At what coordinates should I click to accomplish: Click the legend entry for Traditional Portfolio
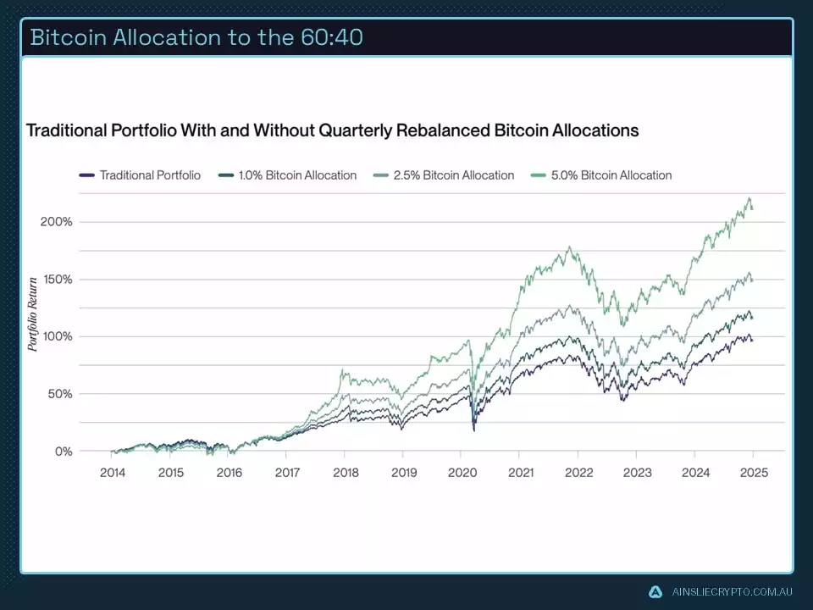pyautogui.click(x=150, y=175)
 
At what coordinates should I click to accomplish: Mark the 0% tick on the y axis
pyautogui.click(x=64, y=452)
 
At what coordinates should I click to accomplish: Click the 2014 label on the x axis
pyautogui.click(x=113, y=473)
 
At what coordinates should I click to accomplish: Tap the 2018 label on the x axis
pyautogui.click(x=346, y=473)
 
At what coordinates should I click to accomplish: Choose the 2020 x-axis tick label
pyautogui.click(x=462, y=473)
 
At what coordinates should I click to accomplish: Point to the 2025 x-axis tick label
pyautogui.click(x=754, y=473)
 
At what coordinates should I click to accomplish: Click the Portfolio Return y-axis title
pyautogui.click(x=33, y=313)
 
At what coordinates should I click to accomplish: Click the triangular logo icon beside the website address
pyautogui.click(x=655, y=592)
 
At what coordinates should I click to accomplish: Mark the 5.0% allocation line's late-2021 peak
pyautogui.click(x=570, y=247)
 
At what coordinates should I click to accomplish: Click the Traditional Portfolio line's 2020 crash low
pyautogui.click(x=473, y=430)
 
